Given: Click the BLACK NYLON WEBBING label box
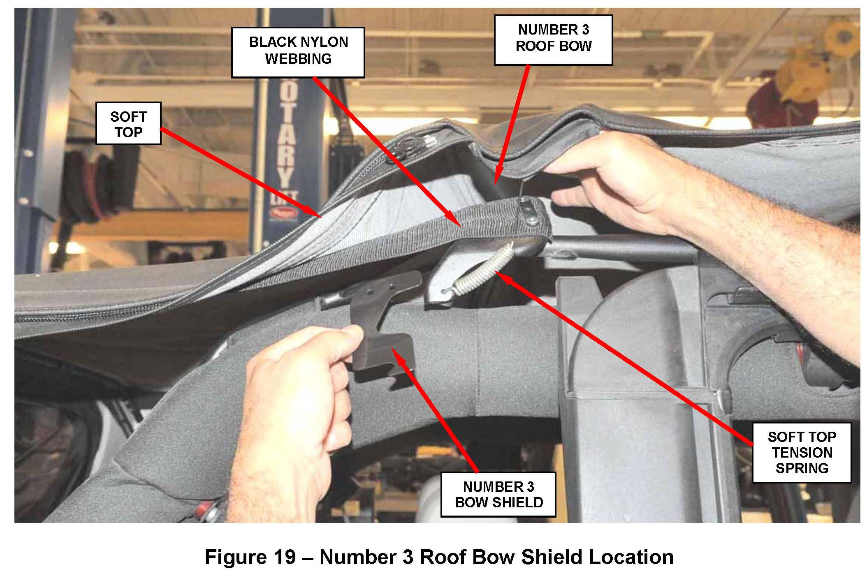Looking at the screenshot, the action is coord(298,52).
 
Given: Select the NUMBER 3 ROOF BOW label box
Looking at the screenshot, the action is coord(553,40).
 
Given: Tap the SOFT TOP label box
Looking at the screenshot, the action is coord(128,123).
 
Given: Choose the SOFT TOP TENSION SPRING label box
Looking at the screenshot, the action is coord(801,452).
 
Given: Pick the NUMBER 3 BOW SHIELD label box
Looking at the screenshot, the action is coord(498,494).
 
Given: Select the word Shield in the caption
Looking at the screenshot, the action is coord(552,557).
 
